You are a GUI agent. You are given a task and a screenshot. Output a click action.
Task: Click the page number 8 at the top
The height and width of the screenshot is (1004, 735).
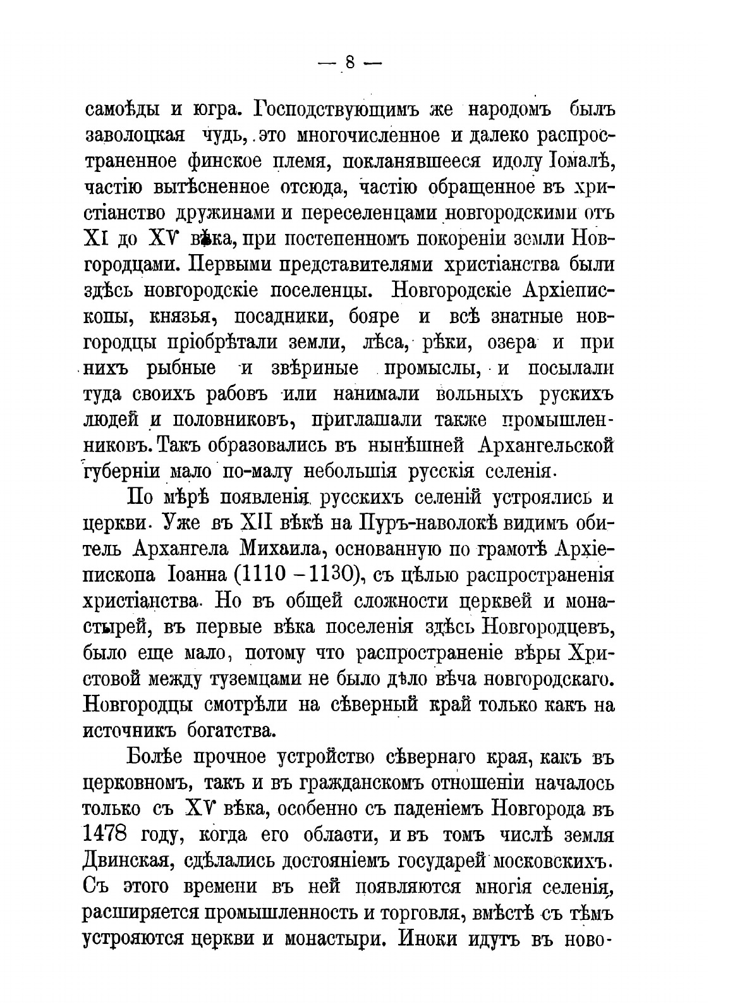tap(349, 63)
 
